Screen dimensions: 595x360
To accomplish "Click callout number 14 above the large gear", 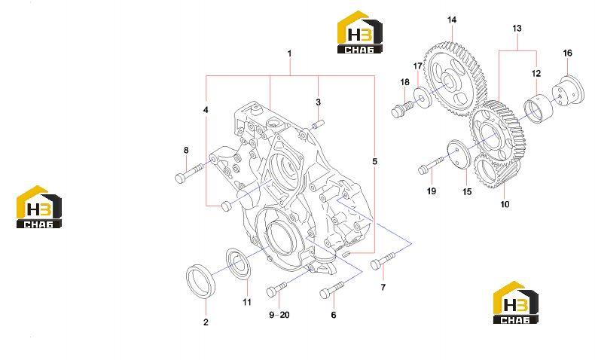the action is pos(452,20).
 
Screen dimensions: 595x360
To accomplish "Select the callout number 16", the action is pos(567,53).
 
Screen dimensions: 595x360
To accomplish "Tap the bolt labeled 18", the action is pos(402,108).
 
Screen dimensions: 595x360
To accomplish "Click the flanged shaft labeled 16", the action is pos(566,92).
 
